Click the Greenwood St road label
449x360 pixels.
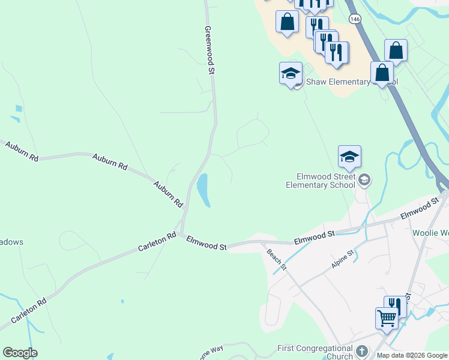coord(209,50)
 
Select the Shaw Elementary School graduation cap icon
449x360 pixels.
coord(291,74)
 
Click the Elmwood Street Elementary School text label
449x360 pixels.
coord(327,181)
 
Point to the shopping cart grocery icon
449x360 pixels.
coord(387,317)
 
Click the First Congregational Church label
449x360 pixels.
coord(315,352)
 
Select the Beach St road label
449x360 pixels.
coord(277,259)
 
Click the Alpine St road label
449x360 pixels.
coord(343,260)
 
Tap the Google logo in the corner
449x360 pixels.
coord(20,353)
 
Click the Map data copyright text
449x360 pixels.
coord(412,355)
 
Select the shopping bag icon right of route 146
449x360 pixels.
coord(396,50)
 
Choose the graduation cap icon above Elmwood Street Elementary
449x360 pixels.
coord(349,157)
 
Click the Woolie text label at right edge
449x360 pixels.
coord(431,233)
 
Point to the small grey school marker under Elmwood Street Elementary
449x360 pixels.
coord(364,180)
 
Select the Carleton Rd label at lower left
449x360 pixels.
coord(28,314)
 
